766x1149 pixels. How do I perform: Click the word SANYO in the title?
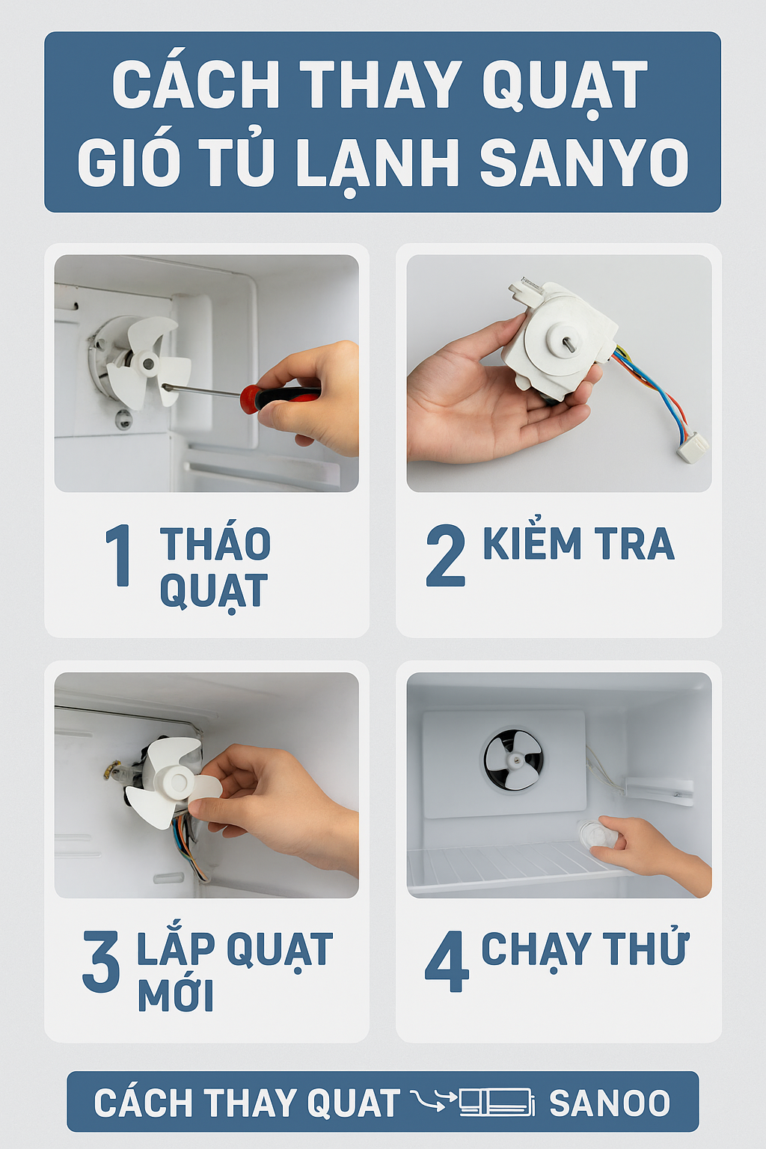(x=584, y=162)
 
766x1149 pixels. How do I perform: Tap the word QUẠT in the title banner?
(x=565, y=86)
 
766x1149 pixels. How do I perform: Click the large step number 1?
(x=119, y=555)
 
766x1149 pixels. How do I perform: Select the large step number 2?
(x=445, y=556)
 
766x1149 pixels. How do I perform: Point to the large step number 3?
(x=101, y=960)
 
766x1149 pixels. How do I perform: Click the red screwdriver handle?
(x=280, y=396)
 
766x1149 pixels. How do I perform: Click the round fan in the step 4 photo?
(x=513, y=759)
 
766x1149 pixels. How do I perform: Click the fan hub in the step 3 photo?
(x=174, y=781)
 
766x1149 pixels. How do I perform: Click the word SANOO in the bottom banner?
(x=610, y=1103)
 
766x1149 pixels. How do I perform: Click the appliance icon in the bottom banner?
(x=497, y=1101)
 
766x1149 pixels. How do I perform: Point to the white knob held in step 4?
(x=597, y=834)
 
